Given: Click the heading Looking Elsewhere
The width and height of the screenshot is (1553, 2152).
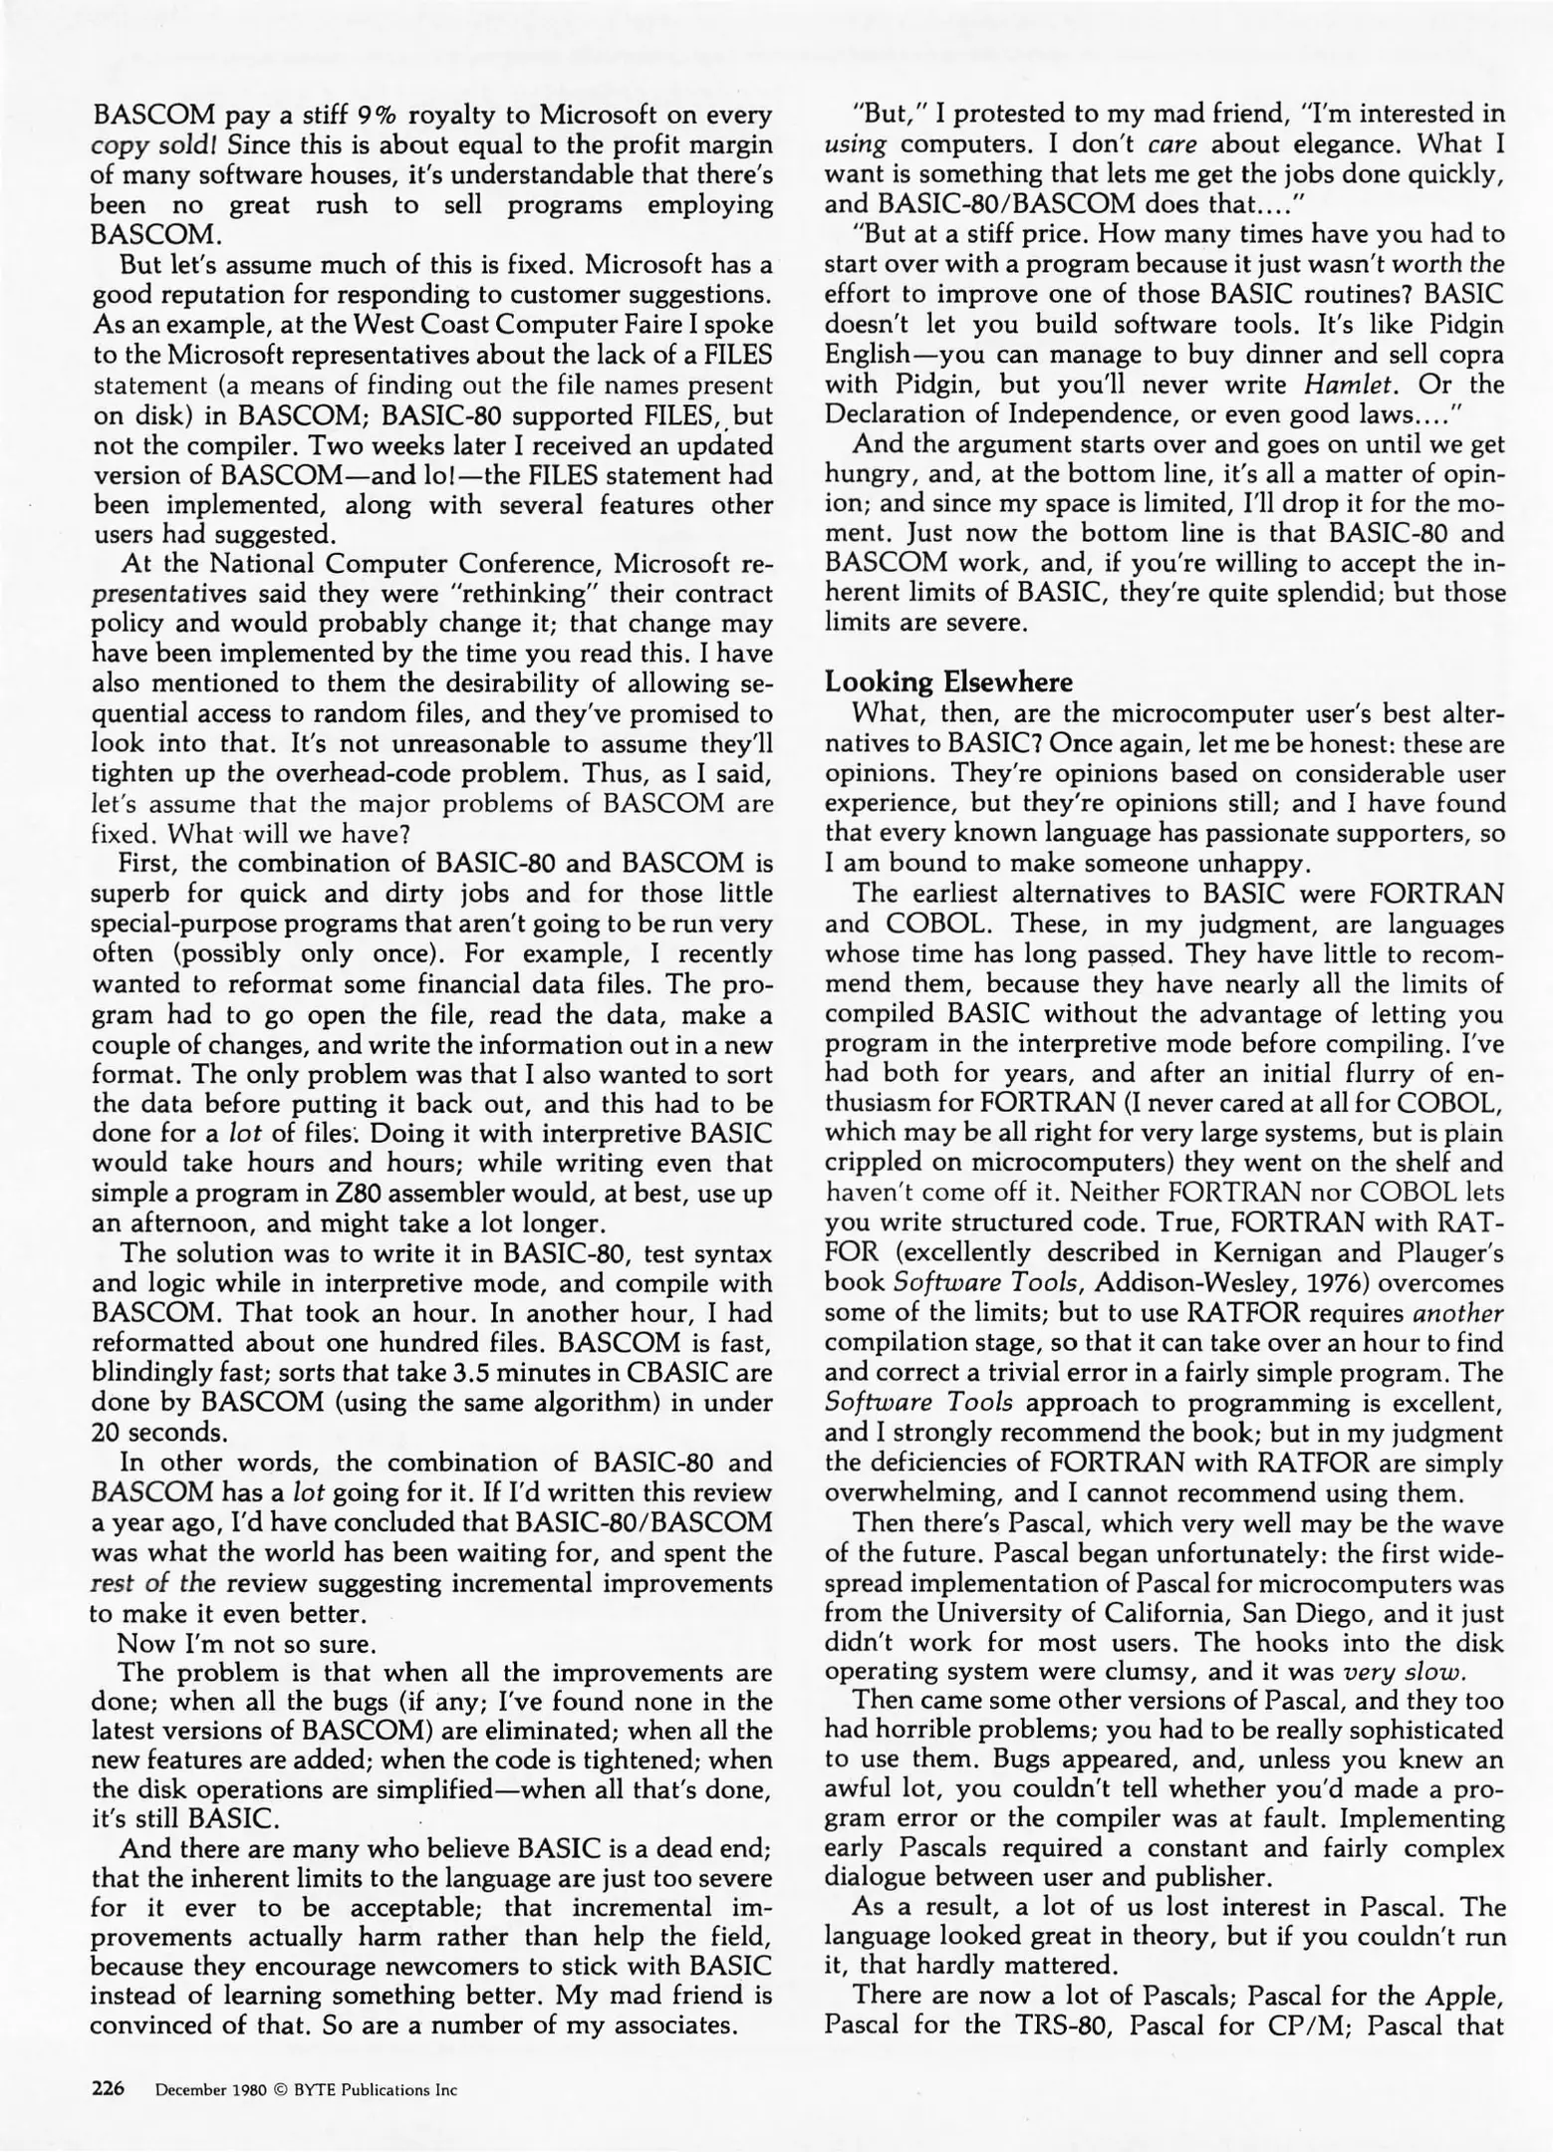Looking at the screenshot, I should (948, 682).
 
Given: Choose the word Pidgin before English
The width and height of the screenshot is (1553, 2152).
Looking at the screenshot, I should (1453, 324).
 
